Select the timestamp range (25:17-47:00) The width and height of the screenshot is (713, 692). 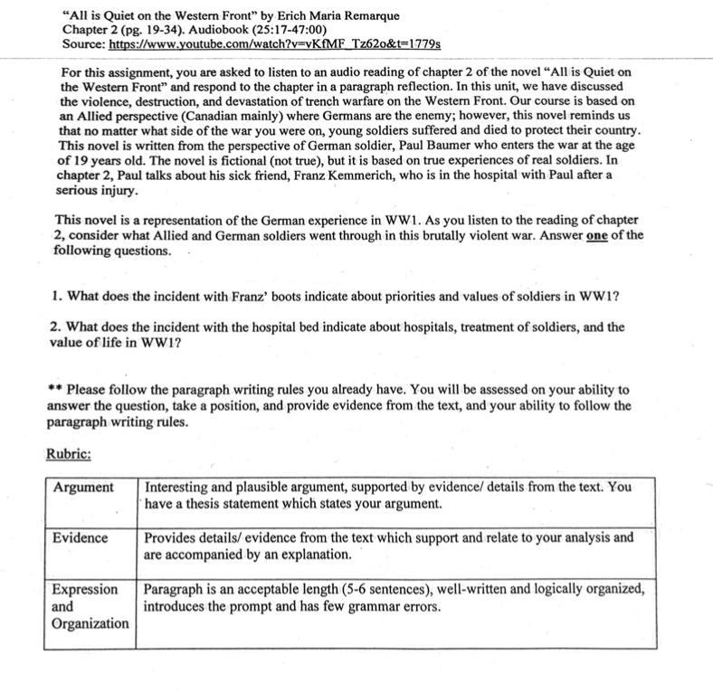pos(275,30)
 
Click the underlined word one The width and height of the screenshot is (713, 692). pos(595,235)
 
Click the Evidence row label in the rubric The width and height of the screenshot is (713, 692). pos(80,538)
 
